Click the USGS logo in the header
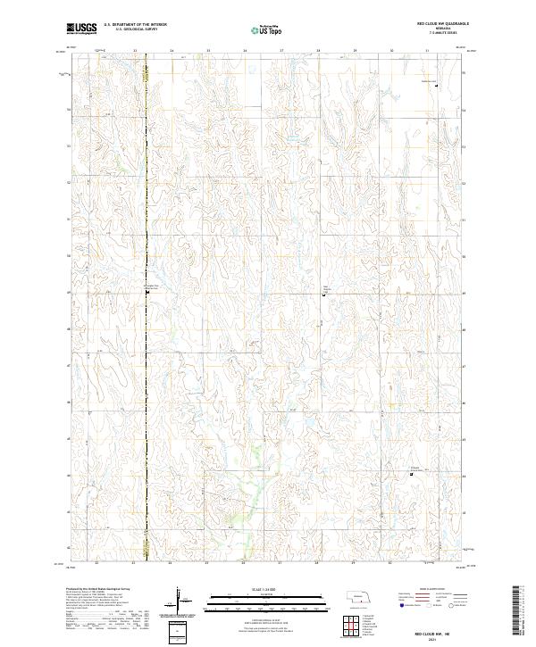[x=82, y=29]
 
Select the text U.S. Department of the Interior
[x=135, y=25]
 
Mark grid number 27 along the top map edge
[x=281, y=51]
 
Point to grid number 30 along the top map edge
[x=391, y=51]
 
